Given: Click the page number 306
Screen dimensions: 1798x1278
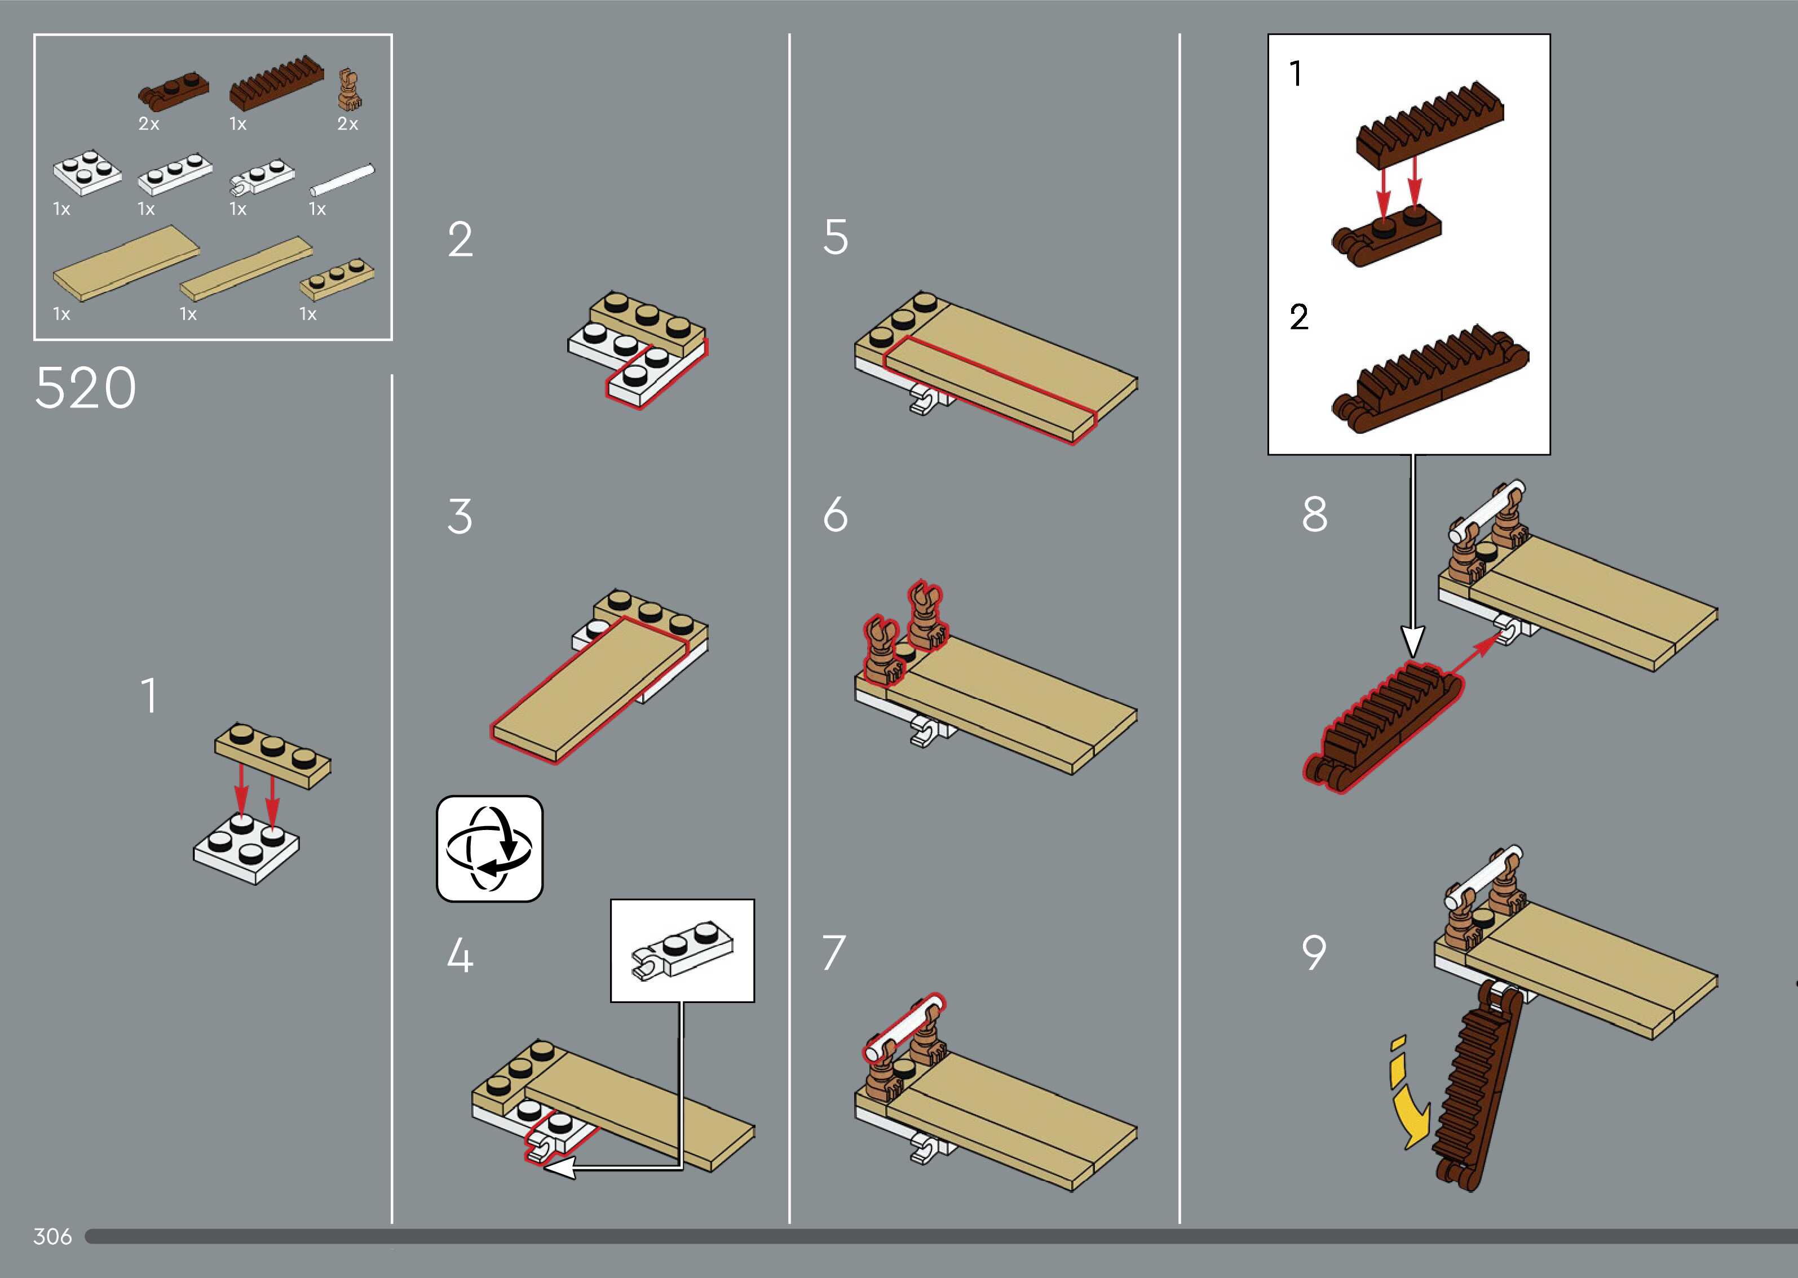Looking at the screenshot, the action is coord(53,1236).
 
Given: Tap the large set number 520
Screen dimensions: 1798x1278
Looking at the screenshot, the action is coord(86,388).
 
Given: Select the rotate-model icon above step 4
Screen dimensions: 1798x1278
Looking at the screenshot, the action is coord(489,848).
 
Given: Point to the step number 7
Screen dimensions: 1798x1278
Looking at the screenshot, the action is coord(834,953).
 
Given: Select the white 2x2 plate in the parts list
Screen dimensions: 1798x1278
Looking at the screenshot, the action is coord(87,171).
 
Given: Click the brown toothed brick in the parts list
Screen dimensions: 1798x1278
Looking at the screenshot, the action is coord(276,83).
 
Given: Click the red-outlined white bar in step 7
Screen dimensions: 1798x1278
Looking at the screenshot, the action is coord(904,1028).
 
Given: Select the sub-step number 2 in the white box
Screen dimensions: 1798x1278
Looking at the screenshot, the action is coord(1299,317).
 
